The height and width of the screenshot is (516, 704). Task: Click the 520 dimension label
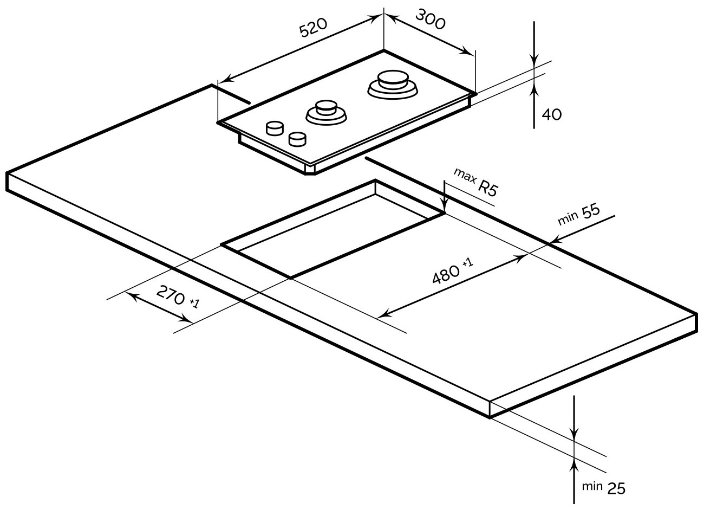pyautogui.click(x=314, y=28)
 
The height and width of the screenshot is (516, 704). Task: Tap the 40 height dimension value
pyautogui.click(x=551, y=114)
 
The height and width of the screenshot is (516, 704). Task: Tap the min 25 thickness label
pyautogui.click(x=603, y=487)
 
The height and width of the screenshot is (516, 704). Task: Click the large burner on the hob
pyautogui.click(x=394, y=84)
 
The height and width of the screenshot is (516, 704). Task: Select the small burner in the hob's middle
pyautogui.click(x=326, y=111)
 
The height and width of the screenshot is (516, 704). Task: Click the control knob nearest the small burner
pyautogui.click(x=297, y=139)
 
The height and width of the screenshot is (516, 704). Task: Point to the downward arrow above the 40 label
pyautogui.click(x=534, y=60)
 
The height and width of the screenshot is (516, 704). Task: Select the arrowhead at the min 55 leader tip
pyautogui.click(x=552, y=241)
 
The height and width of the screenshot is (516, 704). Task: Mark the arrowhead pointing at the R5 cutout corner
pyautogui.click(x=444, y=207)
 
